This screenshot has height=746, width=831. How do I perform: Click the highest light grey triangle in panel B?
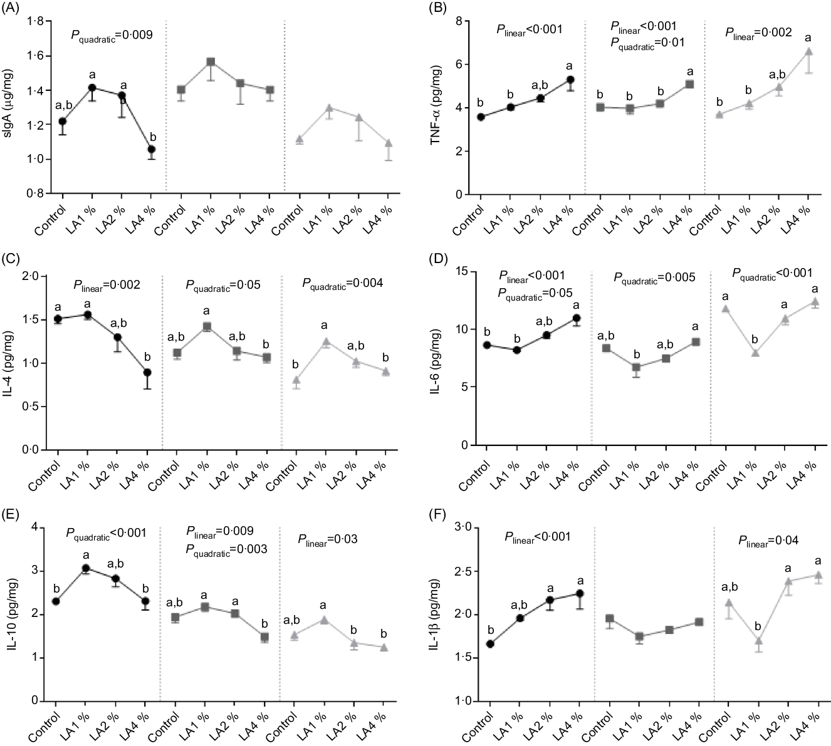click(x=808, y=51)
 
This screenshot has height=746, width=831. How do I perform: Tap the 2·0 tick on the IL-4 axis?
click(x=38, y=276)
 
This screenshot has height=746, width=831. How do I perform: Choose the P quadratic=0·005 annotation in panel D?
click(x=654, y=277)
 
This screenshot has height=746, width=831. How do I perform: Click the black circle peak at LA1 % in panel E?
click(x=86, y=568)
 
